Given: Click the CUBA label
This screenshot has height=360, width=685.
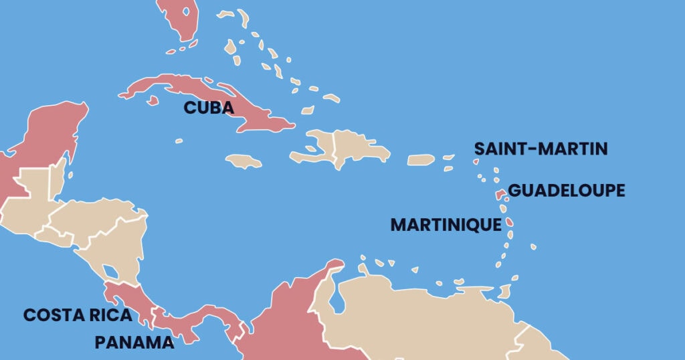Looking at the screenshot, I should tap(209, 108).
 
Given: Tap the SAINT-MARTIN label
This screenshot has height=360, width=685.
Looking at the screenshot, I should tap(541, 149).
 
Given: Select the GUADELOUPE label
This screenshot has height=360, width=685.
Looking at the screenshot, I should tap(567, 191).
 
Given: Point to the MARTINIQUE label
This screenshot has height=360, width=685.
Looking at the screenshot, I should tap(446, 225).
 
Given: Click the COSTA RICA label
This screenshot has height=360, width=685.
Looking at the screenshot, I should tap(78, 315).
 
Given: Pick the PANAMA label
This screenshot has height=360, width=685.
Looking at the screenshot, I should tap(134, 342).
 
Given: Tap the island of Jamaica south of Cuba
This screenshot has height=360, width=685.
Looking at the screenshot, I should tap(243, 161).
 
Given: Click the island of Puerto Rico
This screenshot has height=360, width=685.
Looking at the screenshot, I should tap(421, 160).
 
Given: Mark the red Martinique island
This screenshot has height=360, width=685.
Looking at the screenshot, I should tap(510, 221).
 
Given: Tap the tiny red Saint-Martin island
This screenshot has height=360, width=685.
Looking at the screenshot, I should tap(476, 161).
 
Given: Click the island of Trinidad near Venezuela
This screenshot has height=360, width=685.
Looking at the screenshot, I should tap(505, 292).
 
